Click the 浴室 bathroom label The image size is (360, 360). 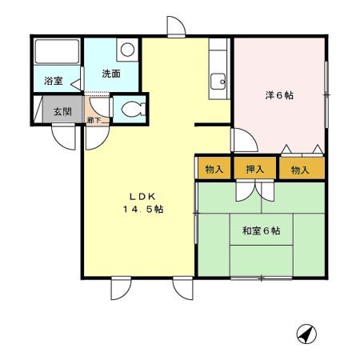tap(54, 81)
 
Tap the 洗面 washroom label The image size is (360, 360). tap(110, 74)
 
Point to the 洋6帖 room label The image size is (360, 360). tap(279, 95)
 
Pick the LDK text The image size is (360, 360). tap(143, 196)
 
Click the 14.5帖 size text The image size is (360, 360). tap(143, 210)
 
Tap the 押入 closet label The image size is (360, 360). tap(254, 170)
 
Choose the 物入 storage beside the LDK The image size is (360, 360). tap(214, 170)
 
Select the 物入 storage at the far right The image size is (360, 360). tap(300, 170)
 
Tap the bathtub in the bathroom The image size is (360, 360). tap(57, 55)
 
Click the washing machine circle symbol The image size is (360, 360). tap(126, 50)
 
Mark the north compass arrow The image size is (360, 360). tap(306, 332)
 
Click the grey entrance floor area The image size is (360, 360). tap(60, 110)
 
